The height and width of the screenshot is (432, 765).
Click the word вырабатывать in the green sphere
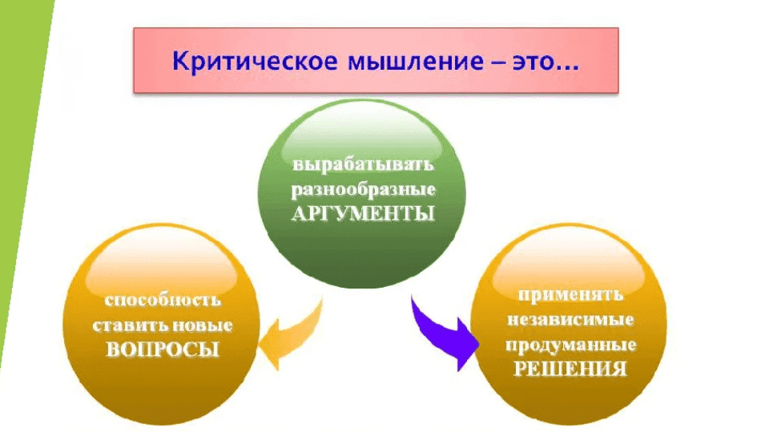tap(362, 168)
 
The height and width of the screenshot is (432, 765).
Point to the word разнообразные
tap(362, 191)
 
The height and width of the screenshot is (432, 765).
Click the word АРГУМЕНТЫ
tap(363, 214)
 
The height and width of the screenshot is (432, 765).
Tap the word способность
tap(162, 302)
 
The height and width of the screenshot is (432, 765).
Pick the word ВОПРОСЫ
tap(163, 350)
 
